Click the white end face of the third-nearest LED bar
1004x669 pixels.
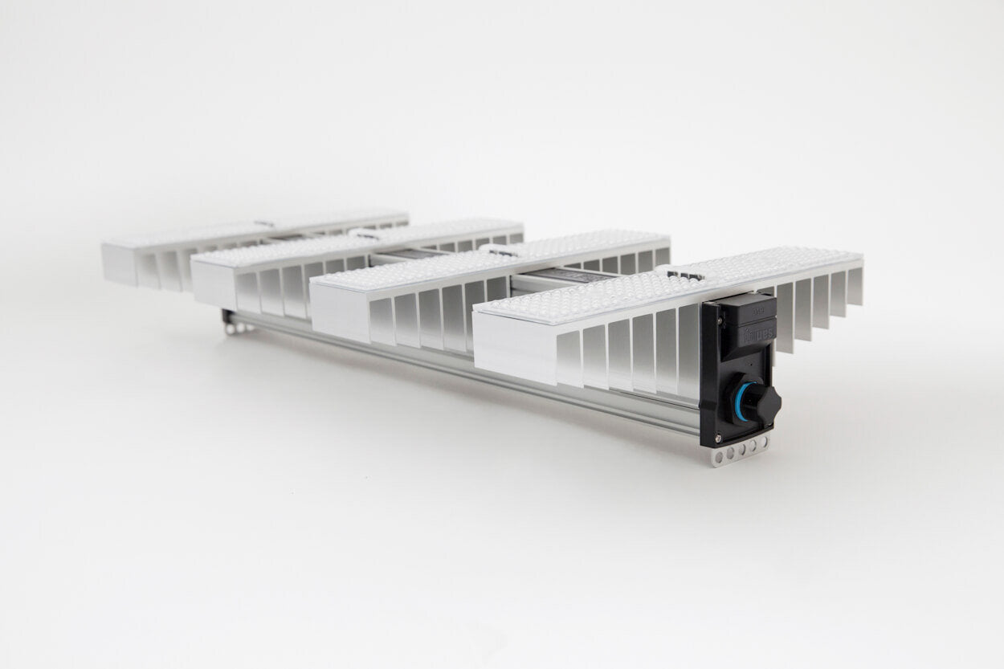212,285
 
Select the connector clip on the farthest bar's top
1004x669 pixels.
265,222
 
